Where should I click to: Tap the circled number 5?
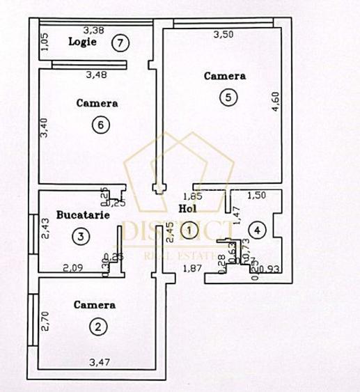227,97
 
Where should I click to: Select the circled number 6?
101,125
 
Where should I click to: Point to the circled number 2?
98,326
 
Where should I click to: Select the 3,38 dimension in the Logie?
93,30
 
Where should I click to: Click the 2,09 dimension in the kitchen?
72,267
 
